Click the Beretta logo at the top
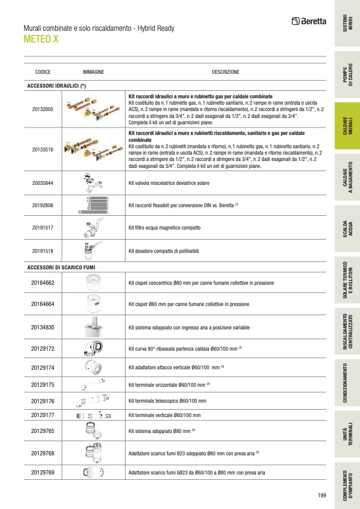click(x=308, y=21)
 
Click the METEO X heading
click(x=41, y=39)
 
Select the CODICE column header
click(x=43, y=72)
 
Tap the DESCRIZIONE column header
click(x=225, y=72)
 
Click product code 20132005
click(x=43, y=109)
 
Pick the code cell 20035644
click(x=43, y=183)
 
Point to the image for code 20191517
click(x=93, y=227)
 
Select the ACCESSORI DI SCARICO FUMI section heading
click(x=61, y=267)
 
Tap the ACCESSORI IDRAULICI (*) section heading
click(x=56, y=86)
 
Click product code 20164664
click(x=43, y=304)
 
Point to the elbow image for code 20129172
click(x=93, y=349)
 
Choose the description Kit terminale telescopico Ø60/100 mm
click(x=168, y=401)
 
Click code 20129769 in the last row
click(x=43, y=473)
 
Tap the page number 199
click(x=322, y=495)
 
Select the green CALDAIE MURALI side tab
click(x=347, y=126)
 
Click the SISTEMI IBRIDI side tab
click(x=347, y=23)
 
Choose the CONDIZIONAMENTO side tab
click(x=347, y=383)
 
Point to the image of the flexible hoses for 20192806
click(x=93, y=205)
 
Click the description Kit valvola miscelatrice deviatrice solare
click(x=169, y=183)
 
